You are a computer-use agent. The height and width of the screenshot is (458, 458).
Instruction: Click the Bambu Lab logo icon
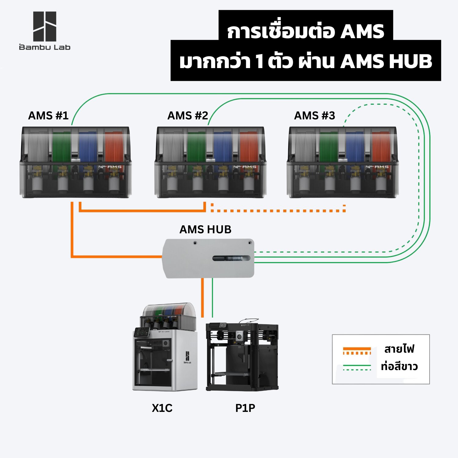(x=45, y=27)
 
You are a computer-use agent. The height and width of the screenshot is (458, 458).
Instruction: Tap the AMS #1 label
(x=48, y=116)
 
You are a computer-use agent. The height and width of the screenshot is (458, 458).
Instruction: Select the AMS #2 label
(x=187, y=116)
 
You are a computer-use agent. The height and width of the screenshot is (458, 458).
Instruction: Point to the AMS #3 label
(x=314, y=116)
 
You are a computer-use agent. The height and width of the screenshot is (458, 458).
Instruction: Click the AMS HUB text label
(x=205, y=229)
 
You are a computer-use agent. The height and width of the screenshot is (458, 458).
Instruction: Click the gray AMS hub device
(x=209, y=258)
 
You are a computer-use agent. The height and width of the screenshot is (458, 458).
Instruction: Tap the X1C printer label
(x=162, y=408)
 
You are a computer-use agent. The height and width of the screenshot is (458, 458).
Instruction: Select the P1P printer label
(x=245, y=408)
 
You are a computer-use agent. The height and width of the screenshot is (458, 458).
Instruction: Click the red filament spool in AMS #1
(x=114, y=147)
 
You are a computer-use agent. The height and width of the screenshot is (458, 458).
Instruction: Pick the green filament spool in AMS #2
(x=196, y=147)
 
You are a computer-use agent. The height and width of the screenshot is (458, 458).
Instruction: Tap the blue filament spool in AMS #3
(x=355, y=147)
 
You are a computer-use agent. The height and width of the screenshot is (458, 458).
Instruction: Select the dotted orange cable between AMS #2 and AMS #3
(x=278, y=211)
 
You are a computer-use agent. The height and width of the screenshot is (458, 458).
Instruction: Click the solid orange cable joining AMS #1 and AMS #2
(x=142, y=210)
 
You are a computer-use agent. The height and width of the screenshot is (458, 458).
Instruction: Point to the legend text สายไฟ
(x=399, y=348)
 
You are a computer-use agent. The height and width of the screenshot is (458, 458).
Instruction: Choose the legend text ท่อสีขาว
(x=399, y=366)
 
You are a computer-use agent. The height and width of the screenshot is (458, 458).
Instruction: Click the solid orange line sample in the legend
(x=357, y=349)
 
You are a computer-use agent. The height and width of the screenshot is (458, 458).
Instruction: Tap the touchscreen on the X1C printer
(x=142, y=332)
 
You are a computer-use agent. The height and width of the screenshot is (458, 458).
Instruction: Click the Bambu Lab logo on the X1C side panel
(x=187, y=357)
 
